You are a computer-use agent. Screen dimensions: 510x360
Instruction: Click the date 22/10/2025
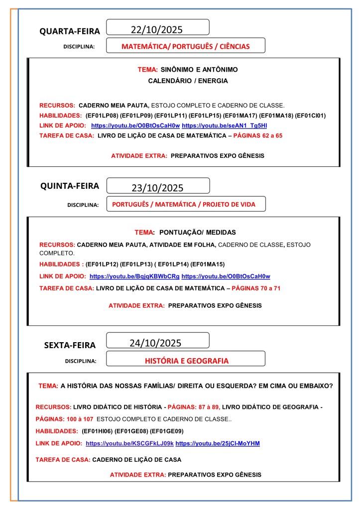tap(156, 29)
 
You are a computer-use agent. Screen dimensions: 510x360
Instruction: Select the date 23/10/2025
tap(157, 188)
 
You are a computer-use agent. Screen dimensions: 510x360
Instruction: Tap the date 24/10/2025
tap(155, 343)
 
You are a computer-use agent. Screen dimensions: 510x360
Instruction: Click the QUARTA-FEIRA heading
tap(70, 31)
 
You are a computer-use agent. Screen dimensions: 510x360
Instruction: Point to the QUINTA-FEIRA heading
tap(70, 186)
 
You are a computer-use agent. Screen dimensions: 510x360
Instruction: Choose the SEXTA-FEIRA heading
tap(70, 345)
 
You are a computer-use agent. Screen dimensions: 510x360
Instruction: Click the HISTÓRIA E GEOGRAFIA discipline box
tap(186, 361)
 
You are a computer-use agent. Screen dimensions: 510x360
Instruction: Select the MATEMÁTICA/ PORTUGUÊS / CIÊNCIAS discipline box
tap(186, 46)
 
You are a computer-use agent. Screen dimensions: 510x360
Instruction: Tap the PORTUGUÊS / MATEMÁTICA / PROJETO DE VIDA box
tap(186, 204)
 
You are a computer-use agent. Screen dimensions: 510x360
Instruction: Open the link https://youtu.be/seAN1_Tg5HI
tap(224, 126)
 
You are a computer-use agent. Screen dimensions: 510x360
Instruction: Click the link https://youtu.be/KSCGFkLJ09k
tap(129, 443)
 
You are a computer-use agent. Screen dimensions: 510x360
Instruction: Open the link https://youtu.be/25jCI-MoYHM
tap(218, 443)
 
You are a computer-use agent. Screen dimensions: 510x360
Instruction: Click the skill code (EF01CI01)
tap(310, 116)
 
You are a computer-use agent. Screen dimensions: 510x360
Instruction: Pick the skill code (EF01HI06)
tap(100, 431)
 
